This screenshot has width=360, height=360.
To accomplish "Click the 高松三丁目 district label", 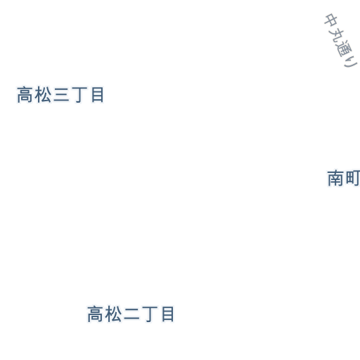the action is tap(60, 95).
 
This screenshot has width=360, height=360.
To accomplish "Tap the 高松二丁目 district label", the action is tap(131, 314).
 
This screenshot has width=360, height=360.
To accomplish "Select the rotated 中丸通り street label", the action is tap(341, 40).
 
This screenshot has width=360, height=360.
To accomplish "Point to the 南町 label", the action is tap(343, 179).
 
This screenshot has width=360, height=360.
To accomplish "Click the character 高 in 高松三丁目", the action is tap(25, 95).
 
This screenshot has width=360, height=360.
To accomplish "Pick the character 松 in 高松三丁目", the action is tap(43, 95).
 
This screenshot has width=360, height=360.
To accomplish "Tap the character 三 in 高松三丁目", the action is tap(61, 95).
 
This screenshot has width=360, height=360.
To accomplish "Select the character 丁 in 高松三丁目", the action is tap(79, 95).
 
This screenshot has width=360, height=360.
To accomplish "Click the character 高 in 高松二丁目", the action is tap(95, 314).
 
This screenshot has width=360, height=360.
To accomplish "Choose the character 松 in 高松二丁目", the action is tap(113, 314).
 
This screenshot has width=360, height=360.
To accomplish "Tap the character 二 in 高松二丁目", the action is tap(131, 315).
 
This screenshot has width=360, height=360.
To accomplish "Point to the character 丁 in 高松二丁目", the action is tap(149, 314).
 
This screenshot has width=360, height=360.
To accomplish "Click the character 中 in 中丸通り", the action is tap(331, 20).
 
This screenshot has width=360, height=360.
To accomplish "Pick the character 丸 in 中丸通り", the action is tap(336, 35).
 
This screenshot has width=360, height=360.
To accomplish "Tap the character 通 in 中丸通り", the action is tap(344, 49).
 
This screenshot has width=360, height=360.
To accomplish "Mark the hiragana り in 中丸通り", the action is tap(350, 62).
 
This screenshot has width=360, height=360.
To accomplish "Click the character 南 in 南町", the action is tap(335, 179).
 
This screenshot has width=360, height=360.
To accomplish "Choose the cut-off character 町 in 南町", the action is tap(353, 179).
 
